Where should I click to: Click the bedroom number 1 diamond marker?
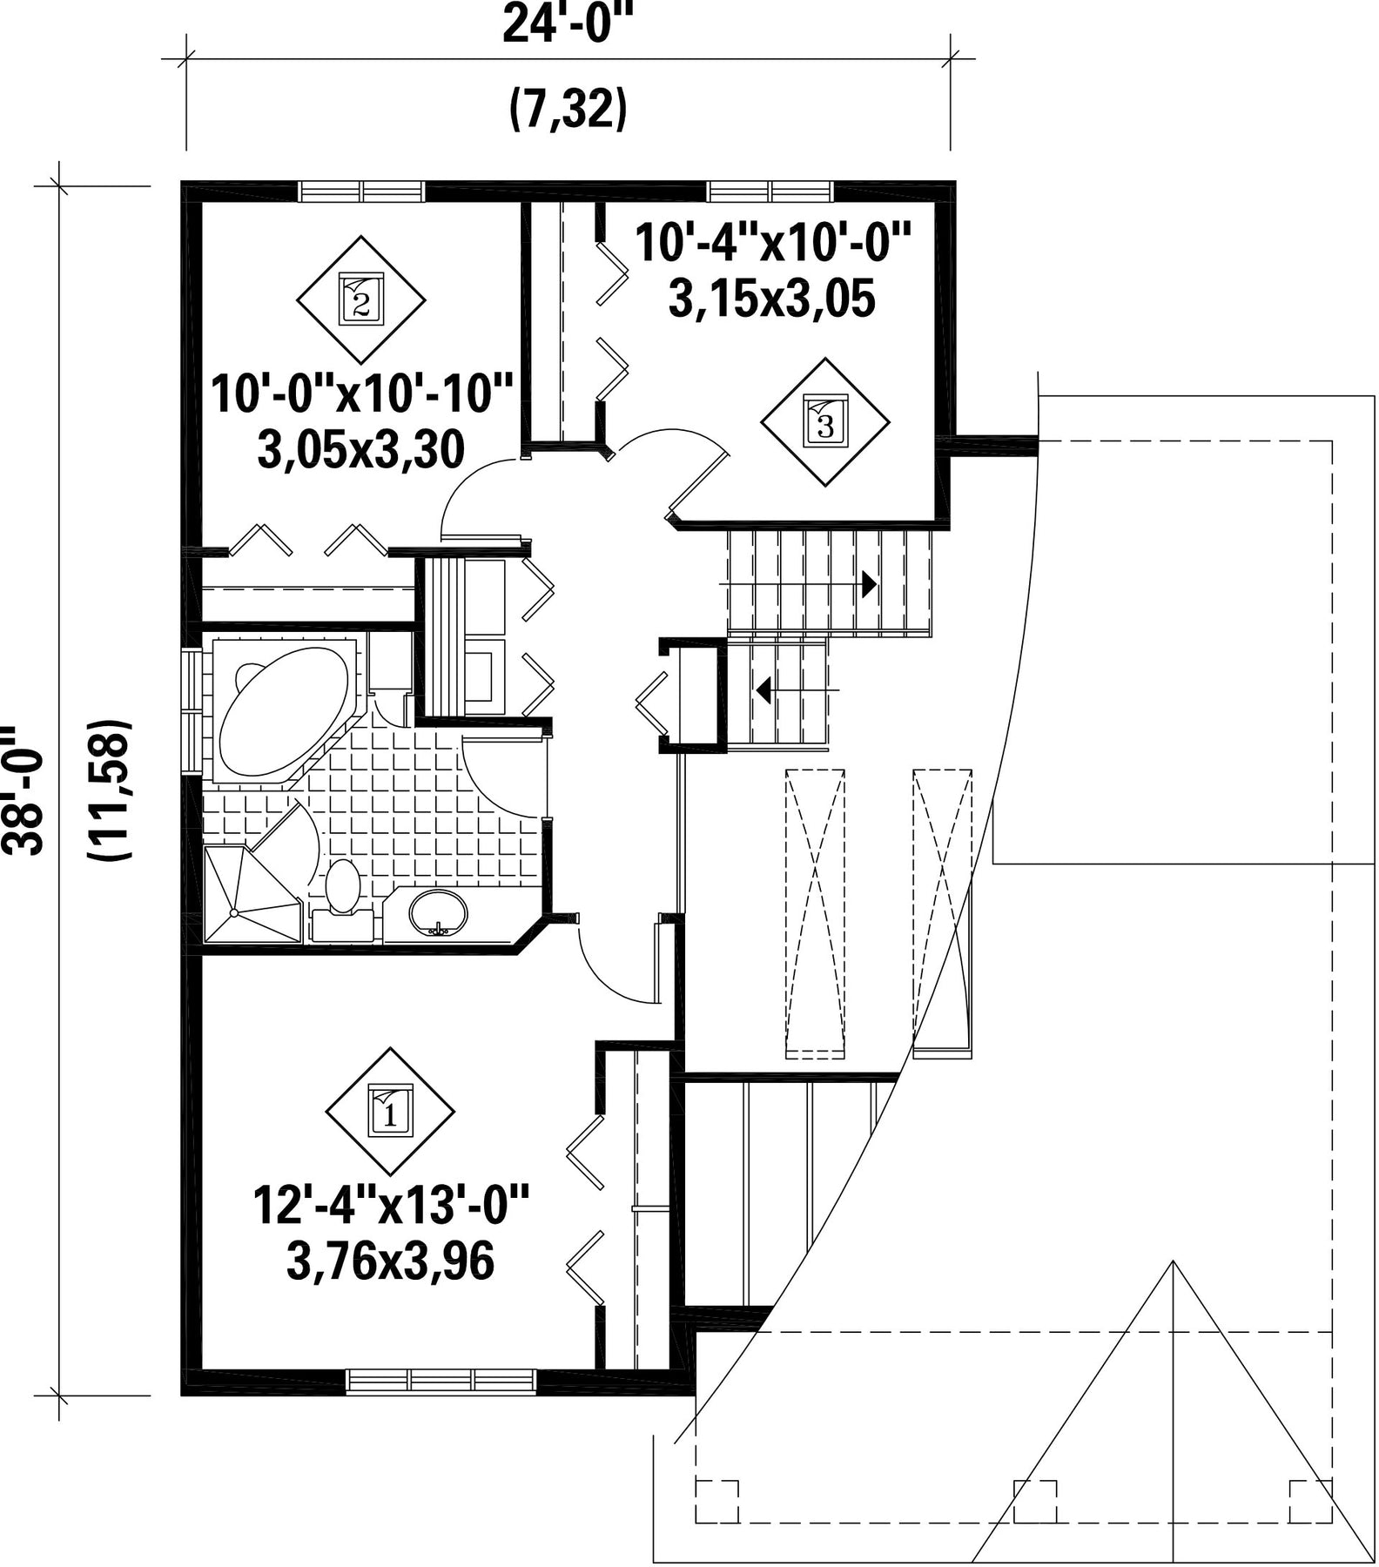click(x=391, y=1111)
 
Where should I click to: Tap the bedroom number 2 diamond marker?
click(x=360, y=299)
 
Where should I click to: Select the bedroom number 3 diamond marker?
click(x=825, y=422)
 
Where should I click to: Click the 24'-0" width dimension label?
click(x=566, y=24)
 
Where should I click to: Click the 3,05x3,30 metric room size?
click(x=360, y=450)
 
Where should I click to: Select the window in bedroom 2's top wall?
click(x=361, y=192)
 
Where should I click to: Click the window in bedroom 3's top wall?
click(x=770, y=192)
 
